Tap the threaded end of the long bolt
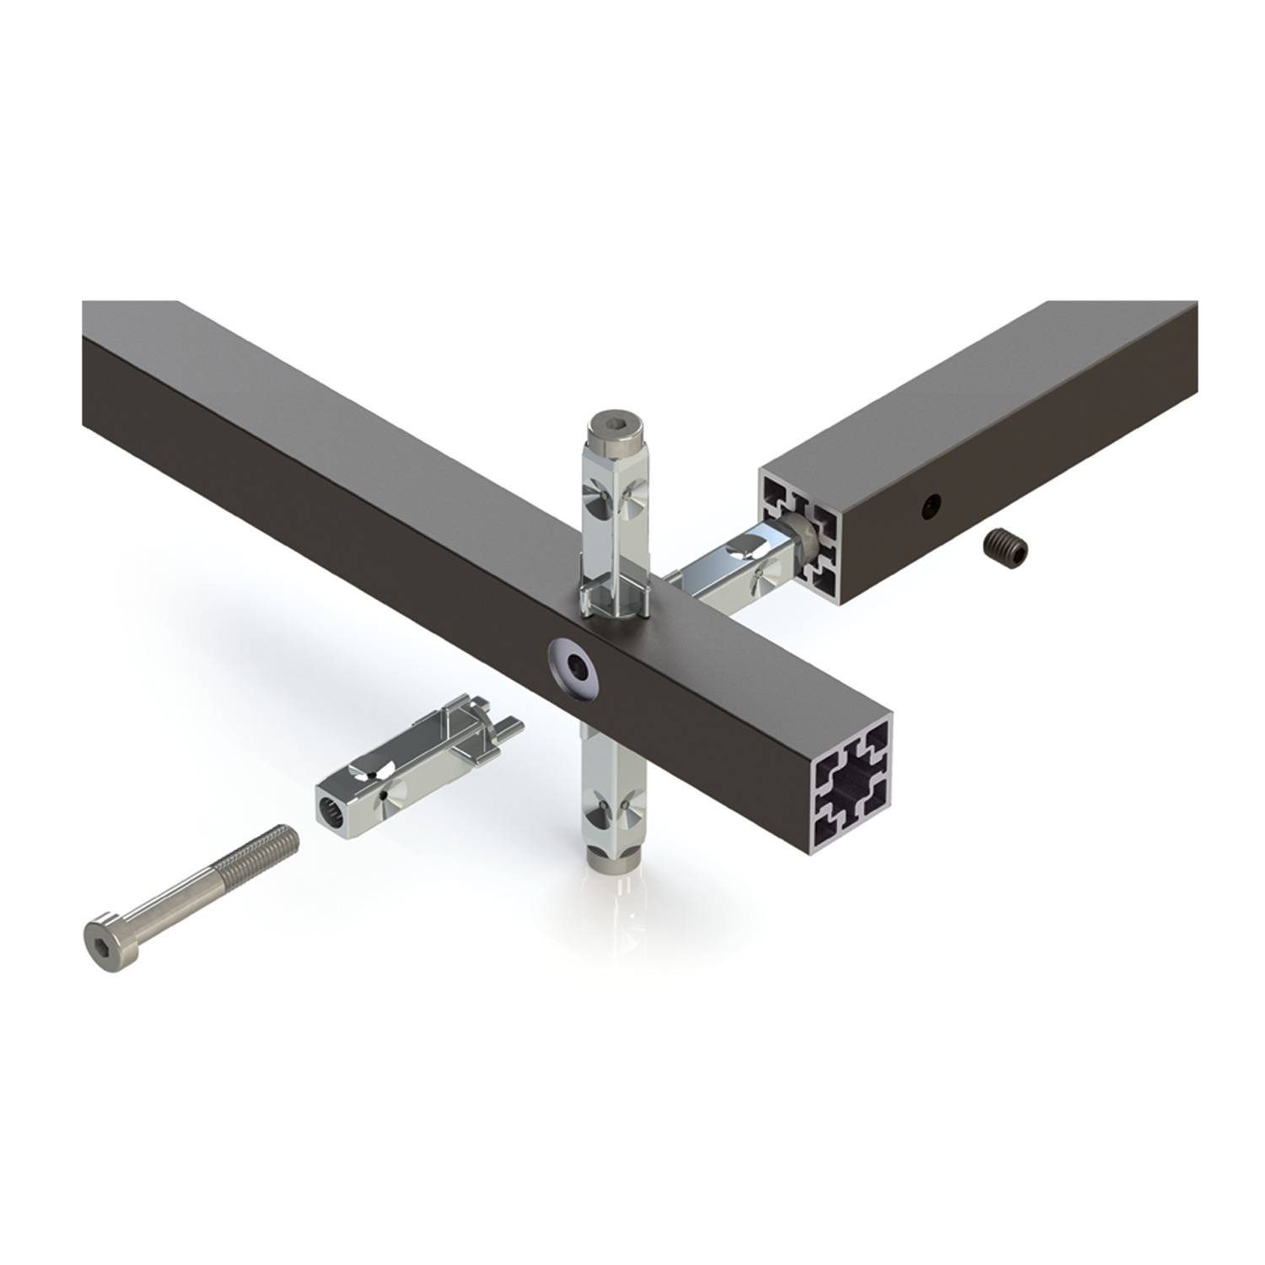pyautogui.click(x=270, y=843)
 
